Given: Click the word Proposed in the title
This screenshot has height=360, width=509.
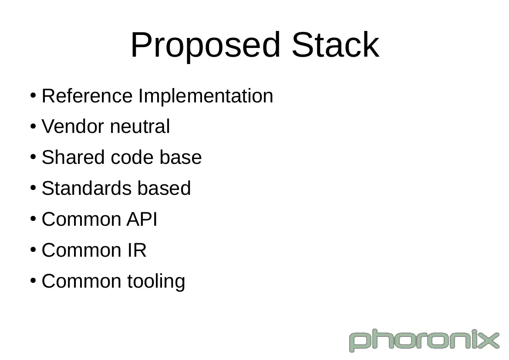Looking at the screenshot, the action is click(205, 45).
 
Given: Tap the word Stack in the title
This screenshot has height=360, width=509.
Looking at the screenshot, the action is click(335, 44).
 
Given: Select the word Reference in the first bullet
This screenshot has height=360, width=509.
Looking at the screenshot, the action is click(87, 96).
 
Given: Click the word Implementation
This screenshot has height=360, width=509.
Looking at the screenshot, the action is click(206, 96).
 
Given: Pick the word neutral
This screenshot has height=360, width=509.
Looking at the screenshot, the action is click(140, 126).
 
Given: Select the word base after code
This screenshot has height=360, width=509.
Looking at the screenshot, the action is click(181, 157).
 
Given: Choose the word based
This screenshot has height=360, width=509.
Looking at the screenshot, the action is click(164, 188).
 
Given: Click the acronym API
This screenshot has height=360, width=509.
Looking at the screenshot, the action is click(142, 219).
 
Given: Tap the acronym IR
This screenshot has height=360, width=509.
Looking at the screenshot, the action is click(137, 250).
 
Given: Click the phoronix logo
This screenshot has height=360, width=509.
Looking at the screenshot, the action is click(424, 340).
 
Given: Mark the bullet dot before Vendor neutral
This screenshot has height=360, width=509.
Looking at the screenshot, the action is click(33, 126).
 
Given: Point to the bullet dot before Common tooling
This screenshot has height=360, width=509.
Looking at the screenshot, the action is click(33, 281).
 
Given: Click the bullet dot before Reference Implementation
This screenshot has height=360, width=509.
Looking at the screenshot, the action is click(33, 95).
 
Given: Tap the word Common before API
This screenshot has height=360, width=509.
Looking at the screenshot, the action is click(81, 219).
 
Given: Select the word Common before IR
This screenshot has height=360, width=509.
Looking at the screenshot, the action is click(81, 250).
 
